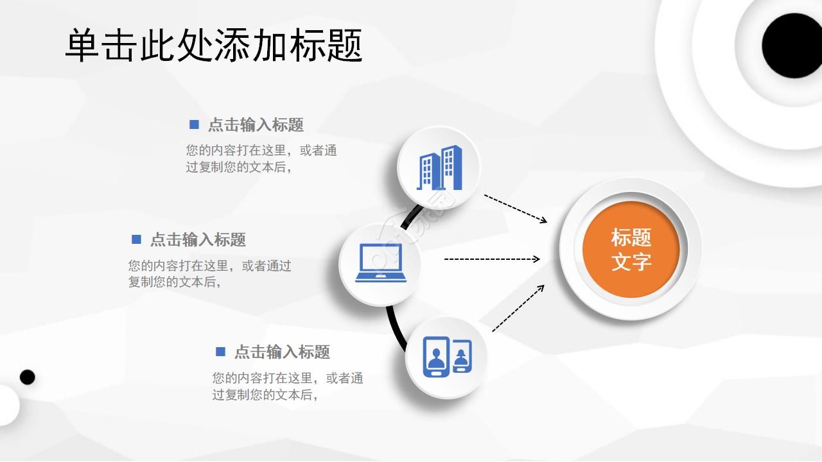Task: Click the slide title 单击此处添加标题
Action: (x=214, y=45)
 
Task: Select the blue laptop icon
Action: (x=381, y=263)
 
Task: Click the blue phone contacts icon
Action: (x=447, y=357)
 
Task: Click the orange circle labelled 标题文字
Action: (x=631, y=249)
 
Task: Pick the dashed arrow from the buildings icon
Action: (x=515, y=208)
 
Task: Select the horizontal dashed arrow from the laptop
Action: (x=492, y=259)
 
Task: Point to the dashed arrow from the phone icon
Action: (x=518, y=308)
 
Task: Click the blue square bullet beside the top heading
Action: (x=194, y=124)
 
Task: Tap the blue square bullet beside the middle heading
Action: (x=136, y=239)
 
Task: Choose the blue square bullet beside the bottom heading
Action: (x=220, y=351)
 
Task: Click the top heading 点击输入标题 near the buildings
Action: (x=256, y=125)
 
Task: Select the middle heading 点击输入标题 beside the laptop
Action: (x=198, y=240)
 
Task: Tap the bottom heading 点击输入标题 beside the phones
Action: (x=282, y=352)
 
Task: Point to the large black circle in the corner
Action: (x=792, y=45)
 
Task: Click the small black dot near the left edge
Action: (x=27, y=377)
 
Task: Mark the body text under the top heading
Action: (x=261, y=158)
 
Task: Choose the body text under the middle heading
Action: (x=209, y=273)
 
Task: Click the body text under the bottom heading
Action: (x=287, y=386)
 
